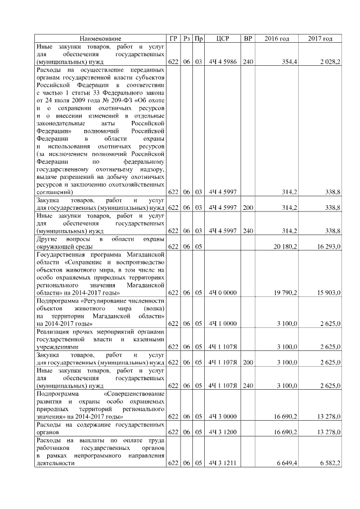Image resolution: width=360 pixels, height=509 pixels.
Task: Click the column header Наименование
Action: click(x=100, y=38)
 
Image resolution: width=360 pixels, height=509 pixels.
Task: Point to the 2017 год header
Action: click(x=321, y=38)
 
